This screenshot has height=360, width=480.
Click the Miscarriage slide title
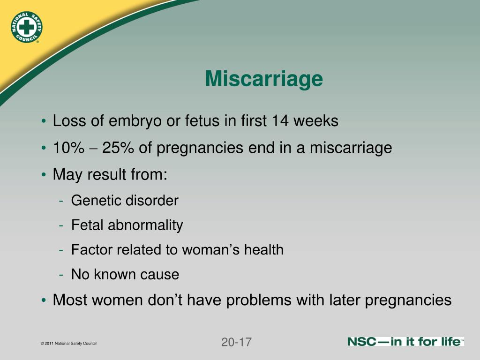click(264, 79)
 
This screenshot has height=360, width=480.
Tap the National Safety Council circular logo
click(26, 27)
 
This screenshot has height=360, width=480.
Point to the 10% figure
click(68, 148)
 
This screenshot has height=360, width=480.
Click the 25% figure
click(119, 148)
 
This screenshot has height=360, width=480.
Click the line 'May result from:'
click(110, 175)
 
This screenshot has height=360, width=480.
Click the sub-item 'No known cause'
click(125, 274)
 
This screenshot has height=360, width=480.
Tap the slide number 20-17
click(236, 342)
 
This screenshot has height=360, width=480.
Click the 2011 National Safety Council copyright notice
click(68, 344)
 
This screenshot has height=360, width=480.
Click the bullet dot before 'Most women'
click(44, 300)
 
